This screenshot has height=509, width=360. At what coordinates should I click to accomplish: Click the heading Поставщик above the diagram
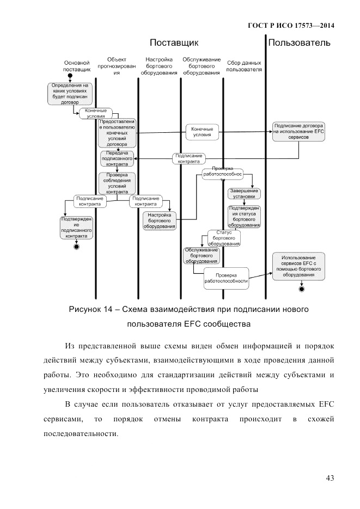[x=174, y=42]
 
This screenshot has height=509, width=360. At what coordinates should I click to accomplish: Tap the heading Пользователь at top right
[x=299, y=42]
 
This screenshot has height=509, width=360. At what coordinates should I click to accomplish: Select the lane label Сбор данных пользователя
[x=243, y=66]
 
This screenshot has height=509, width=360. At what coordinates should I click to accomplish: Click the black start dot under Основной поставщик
[x=70, y=75]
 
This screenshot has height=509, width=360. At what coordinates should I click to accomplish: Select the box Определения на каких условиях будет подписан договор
[x=70, y=93]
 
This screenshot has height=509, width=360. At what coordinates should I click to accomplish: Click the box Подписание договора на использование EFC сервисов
[x=299, y=131]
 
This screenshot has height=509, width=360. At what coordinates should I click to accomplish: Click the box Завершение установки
[x=244, y=194]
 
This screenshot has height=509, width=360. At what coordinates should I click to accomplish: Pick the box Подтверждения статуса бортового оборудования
[x=244, y=216]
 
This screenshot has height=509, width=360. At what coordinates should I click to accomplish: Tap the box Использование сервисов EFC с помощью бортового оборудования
[x=299, y=266]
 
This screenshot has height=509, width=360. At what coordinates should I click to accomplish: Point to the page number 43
[x=330, y=478]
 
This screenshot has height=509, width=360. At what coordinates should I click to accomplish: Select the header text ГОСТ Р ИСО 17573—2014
[x=291, y=25]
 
